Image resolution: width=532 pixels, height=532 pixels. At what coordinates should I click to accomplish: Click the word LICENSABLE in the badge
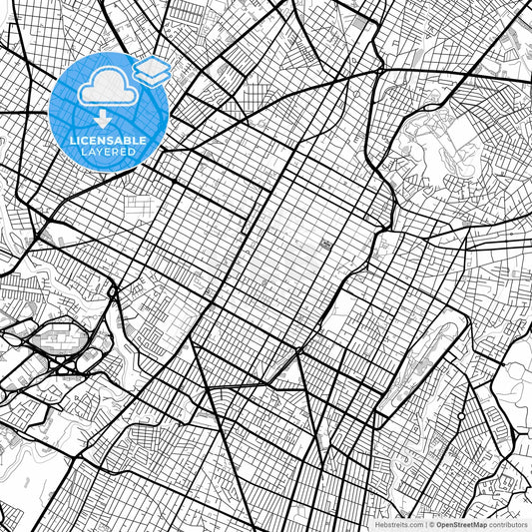click(x=108, y=141)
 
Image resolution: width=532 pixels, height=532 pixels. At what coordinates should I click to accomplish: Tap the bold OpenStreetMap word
click(x=460, y=523)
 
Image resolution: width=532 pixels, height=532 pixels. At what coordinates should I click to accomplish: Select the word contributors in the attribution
click(x=508, y=523)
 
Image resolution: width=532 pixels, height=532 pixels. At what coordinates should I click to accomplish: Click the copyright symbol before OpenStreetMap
click(x=431, y=523)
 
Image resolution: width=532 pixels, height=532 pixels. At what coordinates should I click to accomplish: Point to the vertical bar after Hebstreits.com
click(x=424, y=523)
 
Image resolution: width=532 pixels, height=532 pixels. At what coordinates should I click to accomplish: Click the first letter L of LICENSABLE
click(x=72, y=141)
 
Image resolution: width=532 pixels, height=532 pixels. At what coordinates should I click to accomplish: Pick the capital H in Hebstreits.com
click(x=377, y=523)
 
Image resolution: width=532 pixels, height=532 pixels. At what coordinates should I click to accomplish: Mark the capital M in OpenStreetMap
click(x=475, y=523)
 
